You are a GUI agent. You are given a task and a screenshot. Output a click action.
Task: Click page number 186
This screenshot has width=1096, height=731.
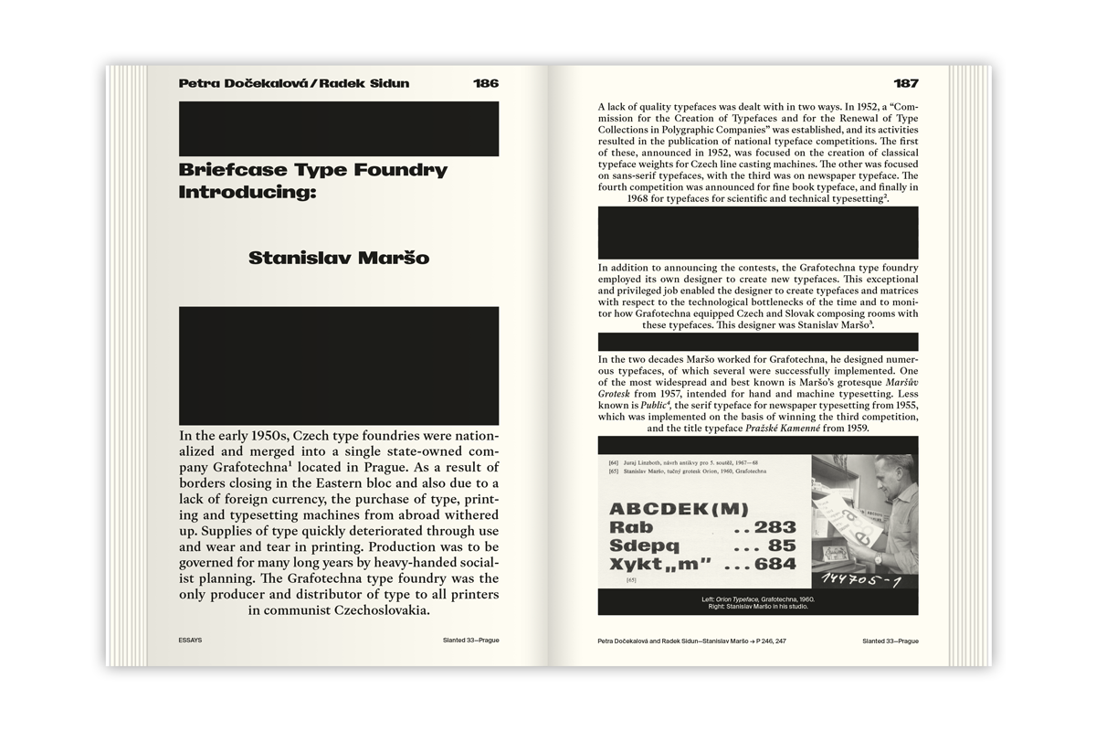click(486, 83)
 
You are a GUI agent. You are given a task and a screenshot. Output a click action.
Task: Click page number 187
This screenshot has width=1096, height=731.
click(905, 83)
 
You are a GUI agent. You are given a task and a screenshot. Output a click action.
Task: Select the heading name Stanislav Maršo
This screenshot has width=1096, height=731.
click(339, 259)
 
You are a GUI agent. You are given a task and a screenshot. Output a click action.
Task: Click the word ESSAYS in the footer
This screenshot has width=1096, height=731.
click(191, 641)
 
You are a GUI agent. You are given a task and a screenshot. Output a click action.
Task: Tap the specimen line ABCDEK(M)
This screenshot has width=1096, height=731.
click(679, 509)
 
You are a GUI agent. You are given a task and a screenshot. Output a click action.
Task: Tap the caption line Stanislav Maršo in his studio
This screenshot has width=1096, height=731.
click(757, 607)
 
